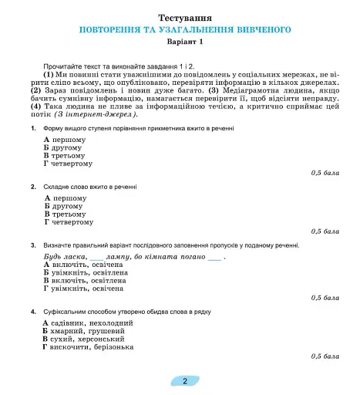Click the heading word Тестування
(x=185, y=17)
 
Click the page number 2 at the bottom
(x=185, y=380)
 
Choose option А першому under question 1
(x=65, y=140)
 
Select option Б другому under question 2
(x=65, y=206)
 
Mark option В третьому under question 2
(x=67, y=214)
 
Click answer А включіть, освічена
(x=83, y=265)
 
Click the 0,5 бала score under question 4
(x=325, y=356)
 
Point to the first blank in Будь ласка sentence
(x=97, y=256)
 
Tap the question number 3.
(x=33, y=245)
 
